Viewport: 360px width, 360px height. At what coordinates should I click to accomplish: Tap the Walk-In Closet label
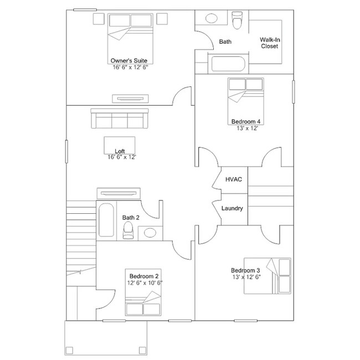coord(270,43)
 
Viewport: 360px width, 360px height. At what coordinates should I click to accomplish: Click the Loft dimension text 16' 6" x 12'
coord(122,157)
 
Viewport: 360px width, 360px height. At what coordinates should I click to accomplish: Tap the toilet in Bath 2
coord(128,229)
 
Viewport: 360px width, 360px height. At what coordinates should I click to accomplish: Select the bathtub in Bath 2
coord(106,221)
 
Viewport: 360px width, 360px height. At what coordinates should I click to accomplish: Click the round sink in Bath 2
coord(150,233)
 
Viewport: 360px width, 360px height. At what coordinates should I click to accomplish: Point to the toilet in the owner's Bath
coord(238,19)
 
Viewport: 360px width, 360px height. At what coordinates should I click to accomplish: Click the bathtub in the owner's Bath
coord(228,64)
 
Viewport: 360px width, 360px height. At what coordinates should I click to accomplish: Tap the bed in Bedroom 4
coord(245,97)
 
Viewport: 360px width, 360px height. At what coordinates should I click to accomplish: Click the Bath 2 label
coord(131,218)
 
